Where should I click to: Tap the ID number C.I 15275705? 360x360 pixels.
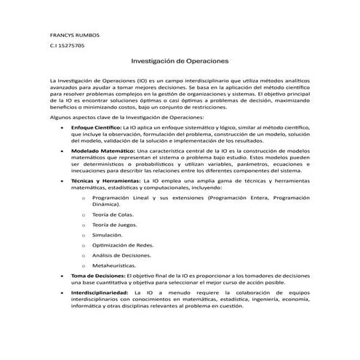coord(66,46)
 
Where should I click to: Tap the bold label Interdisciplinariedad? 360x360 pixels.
coord(100,292)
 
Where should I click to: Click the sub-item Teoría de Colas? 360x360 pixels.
coord(113,215)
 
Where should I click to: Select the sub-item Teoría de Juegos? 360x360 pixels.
coord(114,225)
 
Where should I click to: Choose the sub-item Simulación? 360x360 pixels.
coord(108,236)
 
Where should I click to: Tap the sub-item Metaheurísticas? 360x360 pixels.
coord(115,266)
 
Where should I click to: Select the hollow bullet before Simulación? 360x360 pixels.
coord(86,236)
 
